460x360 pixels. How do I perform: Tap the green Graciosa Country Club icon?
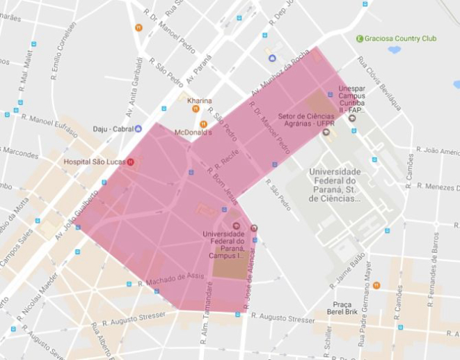point(360,38)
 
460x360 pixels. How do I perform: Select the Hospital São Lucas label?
point(94,162)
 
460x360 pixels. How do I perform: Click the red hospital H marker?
point(130,162)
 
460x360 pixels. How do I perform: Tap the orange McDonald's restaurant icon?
point(203,124)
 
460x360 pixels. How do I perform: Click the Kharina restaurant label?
point(199,101)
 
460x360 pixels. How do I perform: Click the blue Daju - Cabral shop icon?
point(138,128)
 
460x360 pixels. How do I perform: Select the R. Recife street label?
point(228,161)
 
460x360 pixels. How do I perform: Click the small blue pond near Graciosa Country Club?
point(395,50)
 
